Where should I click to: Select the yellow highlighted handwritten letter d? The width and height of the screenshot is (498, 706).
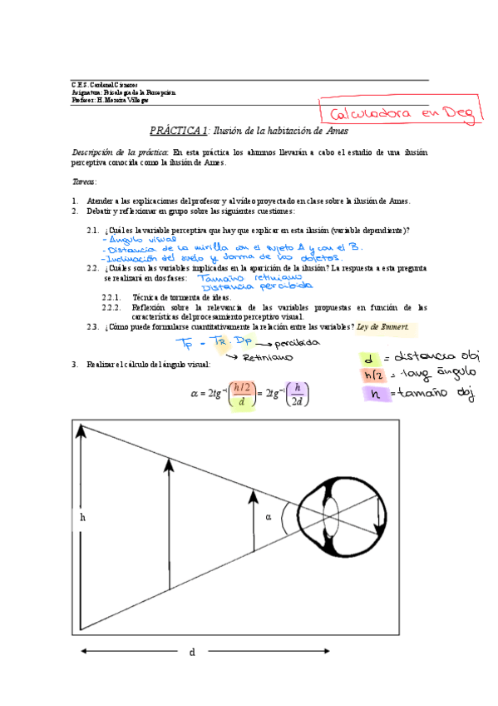click(367, 359)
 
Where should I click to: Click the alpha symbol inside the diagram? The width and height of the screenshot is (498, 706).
click(269, 516)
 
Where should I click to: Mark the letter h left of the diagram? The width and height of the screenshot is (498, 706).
click(82, 517)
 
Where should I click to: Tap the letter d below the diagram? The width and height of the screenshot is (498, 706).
click(191, 652)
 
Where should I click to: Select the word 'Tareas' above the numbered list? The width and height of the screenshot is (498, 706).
click(84, 181)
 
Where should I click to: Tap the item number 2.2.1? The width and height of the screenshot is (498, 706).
click(113, 297)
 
